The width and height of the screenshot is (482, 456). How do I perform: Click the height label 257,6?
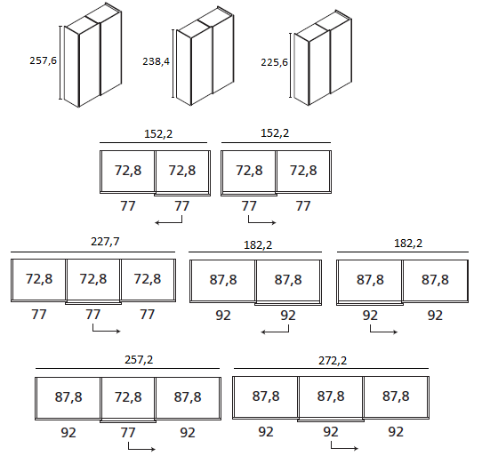(x=43, y=60)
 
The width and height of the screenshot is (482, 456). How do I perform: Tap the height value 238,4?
(x=156, y=61)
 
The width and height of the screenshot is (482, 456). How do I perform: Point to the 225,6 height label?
(x=274, y=62)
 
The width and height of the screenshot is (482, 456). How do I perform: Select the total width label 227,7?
(x=105, y=242)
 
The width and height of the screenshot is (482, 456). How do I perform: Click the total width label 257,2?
(x=139, y=359)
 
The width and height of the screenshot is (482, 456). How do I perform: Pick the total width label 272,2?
(x=333, y=360)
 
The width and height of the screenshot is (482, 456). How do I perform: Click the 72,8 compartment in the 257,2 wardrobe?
(x=128, y=397)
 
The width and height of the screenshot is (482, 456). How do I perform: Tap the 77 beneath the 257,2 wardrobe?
(x=128, y=433)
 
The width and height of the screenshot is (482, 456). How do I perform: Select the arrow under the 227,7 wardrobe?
(x=107, y=329)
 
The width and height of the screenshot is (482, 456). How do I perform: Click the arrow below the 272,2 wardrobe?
(x=344, y=445)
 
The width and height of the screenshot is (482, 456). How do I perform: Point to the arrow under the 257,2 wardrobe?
(x=141, y=446)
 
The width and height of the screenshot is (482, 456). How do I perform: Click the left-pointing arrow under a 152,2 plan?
(x=168, y=220)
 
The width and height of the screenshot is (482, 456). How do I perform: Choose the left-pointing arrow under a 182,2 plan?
(x=275, y=330)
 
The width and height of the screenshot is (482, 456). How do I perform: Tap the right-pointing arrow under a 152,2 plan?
(x=262, y=220)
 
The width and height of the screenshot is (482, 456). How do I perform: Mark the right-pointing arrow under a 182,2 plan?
(x=383, y=330)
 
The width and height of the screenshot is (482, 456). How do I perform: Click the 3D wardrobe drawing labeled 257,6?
(x=92, y=55)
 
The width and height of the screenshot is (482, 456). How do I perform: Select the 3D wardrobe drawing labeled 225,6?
(x=321, y=58)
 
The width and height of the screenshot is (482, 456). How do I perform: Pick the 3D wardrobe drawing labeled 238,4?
(x=204, y=56)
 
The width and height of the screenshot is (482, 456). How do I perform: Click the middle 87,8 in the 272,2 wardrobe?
(x=331, y=396)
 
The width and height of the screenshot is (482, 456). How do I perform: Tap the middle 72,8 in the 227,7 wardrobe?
(x=93, y=279)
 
